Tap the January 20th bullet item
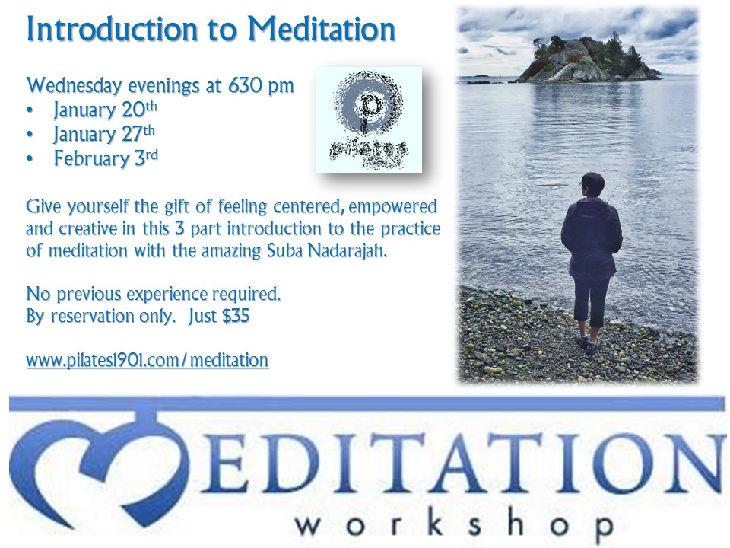pyautogui.click(x=105, y=110)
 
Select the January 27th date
pyautogui.click(x=104, y=134)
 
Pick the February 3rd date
pyautogui.click(x=106, y=158)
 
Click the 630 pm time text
pyautogui.click(x=261, y=86)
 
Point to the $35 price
pyautogui.click(x=236, y=316)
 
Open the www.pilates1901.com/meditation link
pyautogui.click(x=147, y=360)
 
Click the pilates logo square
pyautogui.click(x=370, y=119)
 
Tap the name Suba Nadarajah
pyautogui.click(x=327, y=250)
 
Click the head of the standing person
pyautogui.click(x=592, y=185)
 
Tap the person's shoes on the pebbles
pyautogui.click(x=589, y=344)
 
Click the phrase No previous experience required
pyautogui.click(x=154, y=294)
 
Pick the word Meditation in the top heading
pyautogui.click(x=322, y=30)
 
